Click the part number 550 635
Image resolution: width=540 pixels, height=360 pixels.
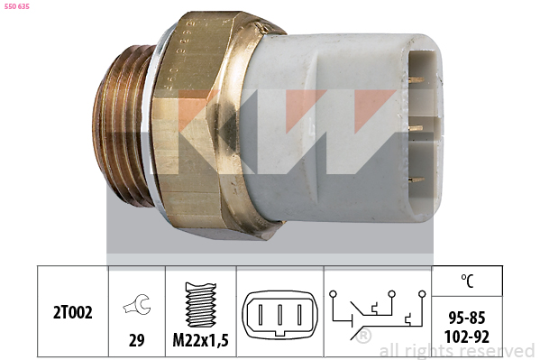coord(17,6)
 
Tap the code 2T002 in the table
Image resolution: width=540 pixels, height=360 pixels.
coord(73,312)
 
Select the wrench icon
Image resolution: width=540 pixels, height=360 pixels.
coord(137,304)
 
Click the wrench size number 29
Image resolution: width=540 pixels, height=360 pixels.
coord(137,340)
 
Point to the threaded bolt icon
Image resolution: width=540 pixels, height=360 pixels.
coord(201,304)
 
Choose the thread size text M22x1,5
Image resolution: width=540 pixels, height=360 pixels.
coord(200,340)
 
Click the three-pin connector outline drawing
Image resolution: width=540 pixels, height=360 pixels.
coord(280,314)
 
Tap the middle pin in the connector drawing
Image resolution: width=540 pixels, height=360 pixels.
coord(280,315)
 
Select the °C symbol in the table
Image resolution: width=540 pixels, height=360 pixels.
coord(467,281)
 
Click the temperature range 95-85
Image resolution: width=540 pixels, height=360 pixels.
coord(467,318)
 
